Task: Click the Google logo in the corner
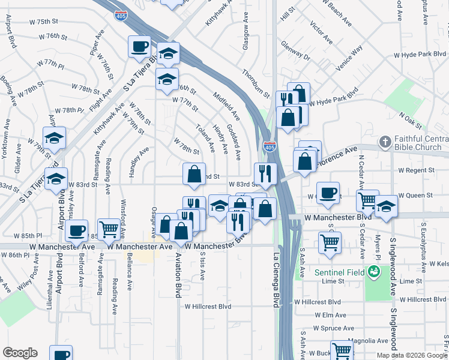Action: tap(20, 353)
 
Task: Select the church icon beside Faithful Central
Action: tap(384, 142)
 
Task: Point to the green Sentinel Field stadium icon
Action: tap(374, 272)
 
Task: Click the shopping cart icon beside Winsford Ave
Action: tap(108, 228)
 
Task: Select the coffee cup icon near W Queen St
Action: tap(328, 193)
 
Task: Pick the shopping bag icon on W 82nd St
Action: tap(194, 174)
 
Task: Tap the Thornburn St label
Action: tap(256, 83)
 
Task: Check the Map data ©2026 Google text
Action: tap(411, 355)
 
